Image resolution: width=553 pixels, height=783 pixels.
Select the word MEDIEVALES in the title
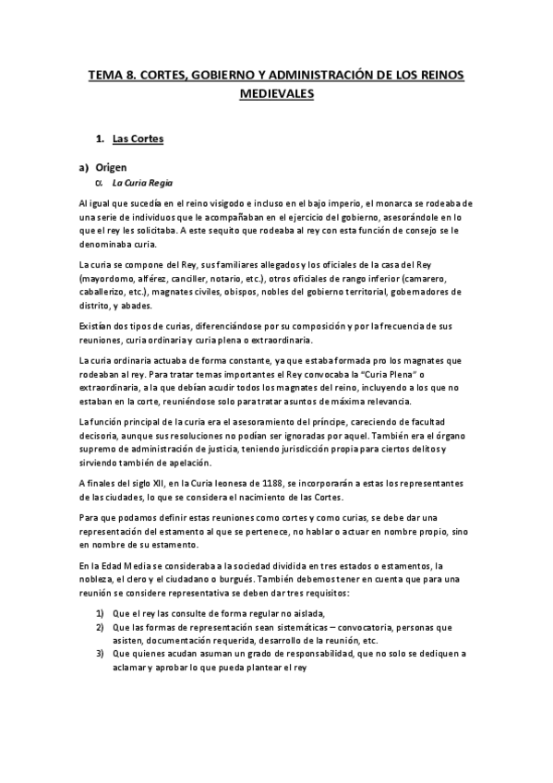(x=277, y=93)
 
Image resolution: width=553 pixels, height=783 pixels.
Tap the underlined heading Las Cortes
(x=138, y=139)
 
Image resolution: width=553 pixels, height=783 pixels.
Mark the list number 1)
(x=101, y=613)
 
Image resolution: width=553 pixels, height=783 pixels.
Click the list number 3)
(x=101, y=654)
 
